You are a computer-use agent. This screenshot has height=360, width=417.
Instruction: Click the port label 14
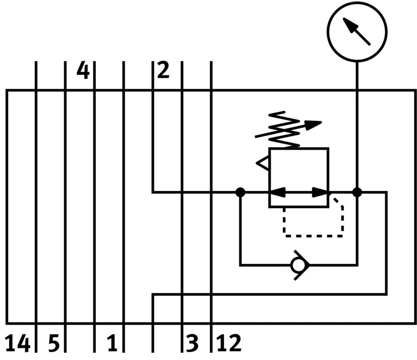18,344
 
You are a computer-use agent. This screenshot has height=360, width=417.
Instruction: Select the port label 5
54,344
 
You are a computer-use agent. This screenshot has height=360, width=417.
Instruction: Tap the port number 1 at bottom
111,344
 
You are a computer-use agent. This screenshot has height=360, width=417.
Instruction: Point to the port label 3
192,344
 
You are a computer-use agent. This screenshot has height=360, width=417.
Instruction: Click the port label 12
229,344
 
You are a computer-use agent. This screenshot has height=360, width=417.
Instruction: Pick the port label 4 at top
83,70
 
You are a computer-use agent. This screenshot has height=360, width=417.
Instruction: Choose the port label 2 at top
163,70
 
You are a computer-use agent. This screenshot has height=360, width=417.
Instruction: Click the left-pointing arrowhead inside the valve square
278,192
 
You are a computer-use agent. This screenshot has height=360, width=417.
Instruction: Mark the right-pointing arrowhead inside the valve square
320,192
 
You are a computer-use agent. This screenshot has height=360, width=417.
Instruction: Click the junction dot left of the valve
240,192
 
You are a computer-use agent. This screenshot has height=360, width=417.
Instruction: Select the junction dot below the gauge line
357,192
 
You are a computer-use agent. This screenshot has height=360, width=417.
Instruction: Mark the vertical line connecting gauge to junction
357,125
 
